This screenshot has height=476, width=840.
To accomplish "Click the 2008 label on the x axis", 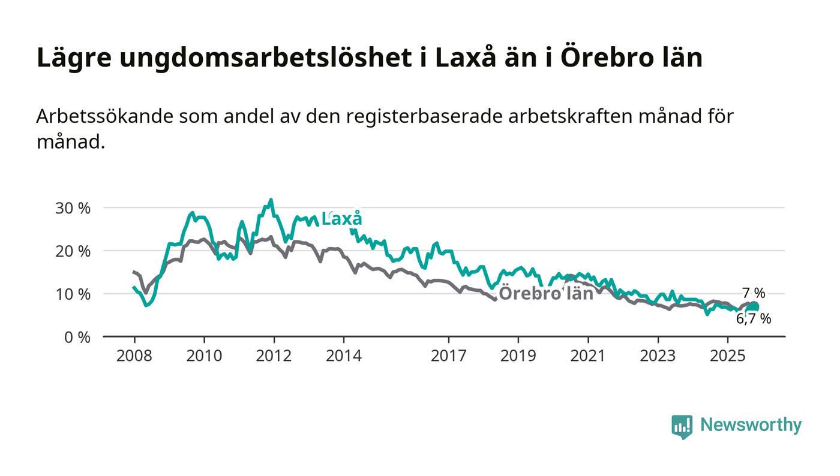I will [x=134, y=356].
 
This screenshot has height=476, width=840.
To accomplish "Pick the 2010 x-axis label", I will [x=204, y=356].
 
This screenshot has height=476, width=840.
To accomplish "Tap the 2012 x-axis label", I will [x=274, y=356].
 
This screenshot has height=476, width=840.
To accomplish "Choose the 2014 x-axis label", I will [x=343, y=356].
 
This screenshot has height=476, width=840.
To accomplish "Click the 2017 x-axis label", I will [x=448, y=356].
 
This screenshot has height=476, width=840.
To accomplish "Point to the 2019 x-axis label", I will [x=518, y=356].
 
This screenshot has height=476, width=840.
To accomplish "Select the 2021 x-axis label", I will [x=587, y=356].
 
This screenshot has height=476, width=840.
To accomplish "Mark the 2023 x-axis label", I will [x=658, y=356].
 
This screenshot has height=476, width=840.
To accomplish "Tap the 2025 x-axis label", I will [x=727, y=356].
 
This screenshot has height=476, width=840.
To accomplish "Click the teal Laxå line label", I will [x=342, y=219].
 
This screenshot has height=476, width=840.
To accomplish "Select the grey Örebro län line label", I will [x=546, y=294].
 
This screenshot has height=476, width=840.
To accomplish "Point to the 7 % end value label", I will [x=754, y=293].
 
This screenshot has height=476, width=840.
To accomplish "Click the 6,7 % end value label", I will [x=754, y=319].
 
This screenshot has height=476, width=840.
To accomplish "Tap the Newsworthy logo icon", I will [x=682, y=426].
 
